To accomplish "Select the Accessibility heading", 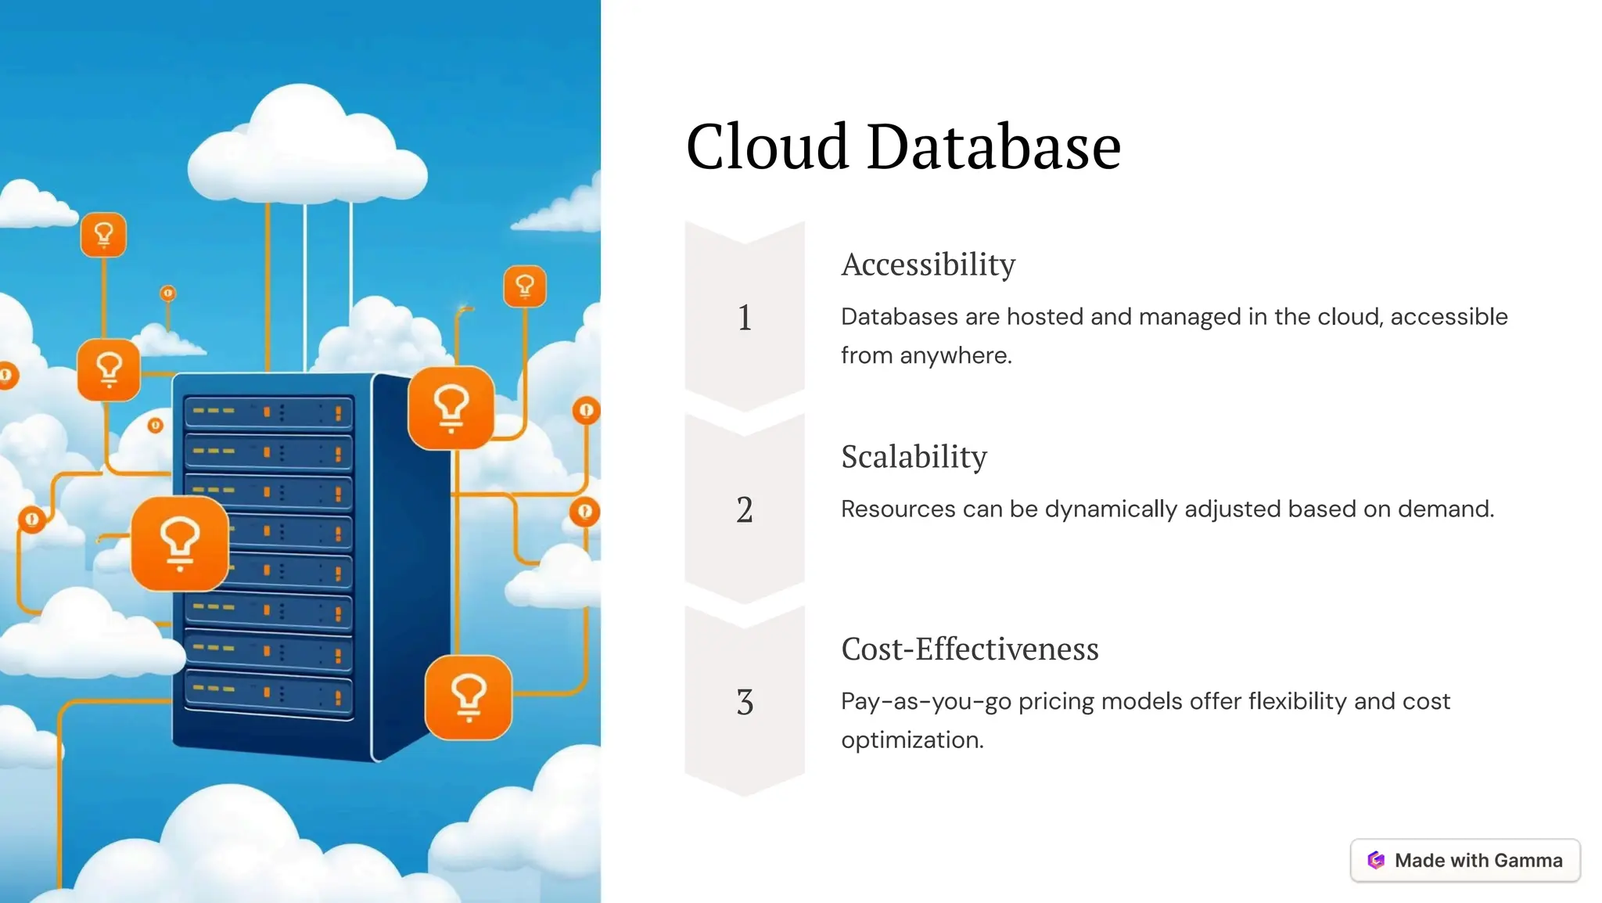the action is (928, 264).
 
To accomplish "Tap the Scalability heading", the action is (914, 457).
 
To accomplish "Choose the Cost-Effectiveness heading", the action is (969, 649).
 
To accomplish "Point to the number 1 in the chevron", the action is (745, 318).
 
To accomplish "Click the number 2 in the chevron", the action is (745, 510).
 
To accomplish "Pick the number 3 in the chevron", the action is (745, 702).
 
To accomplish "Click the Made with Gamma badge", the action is (1464, 860).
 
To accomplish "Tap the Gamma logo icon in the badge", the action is (1376, 860).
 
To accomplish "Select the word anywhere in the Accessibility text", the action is (955, 356).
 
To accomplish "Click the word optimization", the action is (912, 740).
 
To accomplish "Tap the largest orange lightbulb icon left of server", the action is (180, 543).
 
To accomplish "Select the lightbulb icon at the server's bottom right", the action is (468, 697).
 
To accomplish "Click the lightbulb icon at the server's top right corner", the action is (451, 408).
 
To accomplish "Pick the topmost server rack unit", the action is (268, 412).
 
